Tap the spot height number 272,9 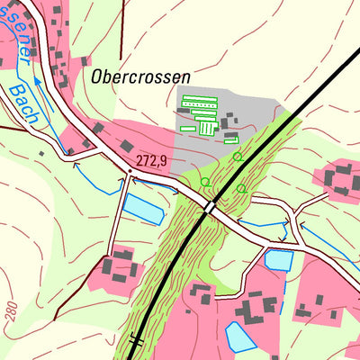153,160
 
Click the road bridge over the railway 210,207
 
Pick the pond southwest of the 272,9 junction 142,208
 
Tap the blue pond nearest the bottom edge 239,337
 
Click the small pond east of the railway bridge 279,260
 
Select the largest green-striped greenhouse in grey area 200,102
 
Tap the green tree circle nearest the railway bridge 205,182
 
